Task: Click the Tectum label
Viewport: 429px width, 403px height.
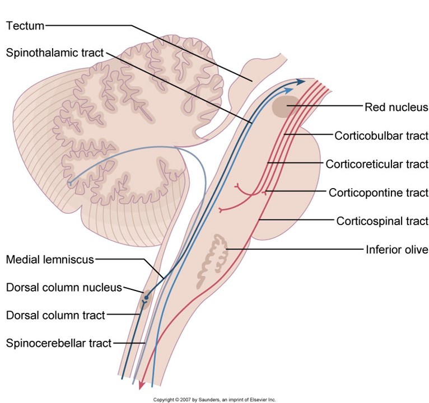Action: (x=25, y=25)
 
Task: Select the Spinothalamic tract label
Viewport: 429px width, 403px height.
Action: (x=55, y=53)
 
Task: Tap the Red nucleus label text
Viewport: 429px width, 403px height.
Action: (x=396, y=107)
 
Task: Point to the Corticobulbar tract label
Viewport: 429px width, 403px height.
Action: (x=381, y=135)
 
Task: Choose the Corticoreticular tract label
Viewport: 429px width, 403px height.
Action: (x=376, y=164)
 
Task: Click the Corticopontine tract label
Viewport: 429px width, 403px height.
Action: (x=378, y=193)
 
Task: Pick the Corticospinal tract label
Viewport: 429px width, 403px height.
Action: (x=382, y=221)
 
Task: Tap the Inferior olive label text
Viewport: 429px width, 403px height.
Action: (x=397, y=250)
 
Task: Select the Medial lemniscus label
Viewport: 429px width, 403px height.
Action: (x=50, y=259)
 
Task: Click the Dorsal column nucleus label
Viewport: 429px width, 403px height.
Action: (x=64, y=288)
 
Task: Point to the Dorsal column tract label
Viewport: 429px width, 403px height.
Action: (x=55, y=316)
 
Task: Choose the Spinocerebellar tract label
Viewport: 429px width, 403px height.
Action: (x=59, y=343)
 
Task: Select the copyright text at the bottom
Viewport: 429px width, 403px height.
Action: (x=214, y=399)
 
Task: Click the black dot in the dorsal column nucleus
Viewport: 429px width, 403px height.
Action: (x=147, y=297)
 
